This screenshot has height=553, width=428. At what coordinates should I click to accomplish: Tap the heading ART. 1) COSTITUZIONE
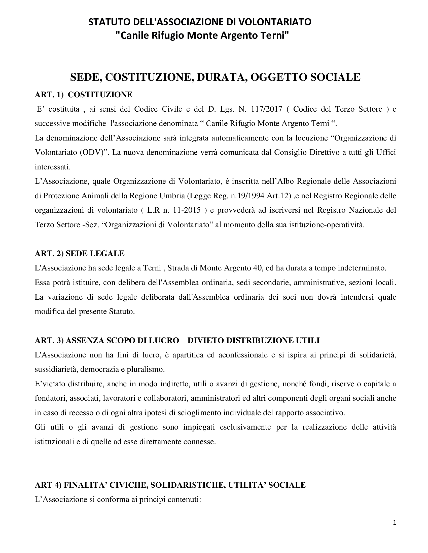[83, 95]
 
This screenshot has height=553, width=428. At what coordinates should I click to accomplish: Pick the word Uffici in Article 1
[385, 152]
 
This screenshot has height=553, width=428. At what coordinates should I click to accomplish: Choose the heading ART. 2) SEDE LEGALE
[80, 253]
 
